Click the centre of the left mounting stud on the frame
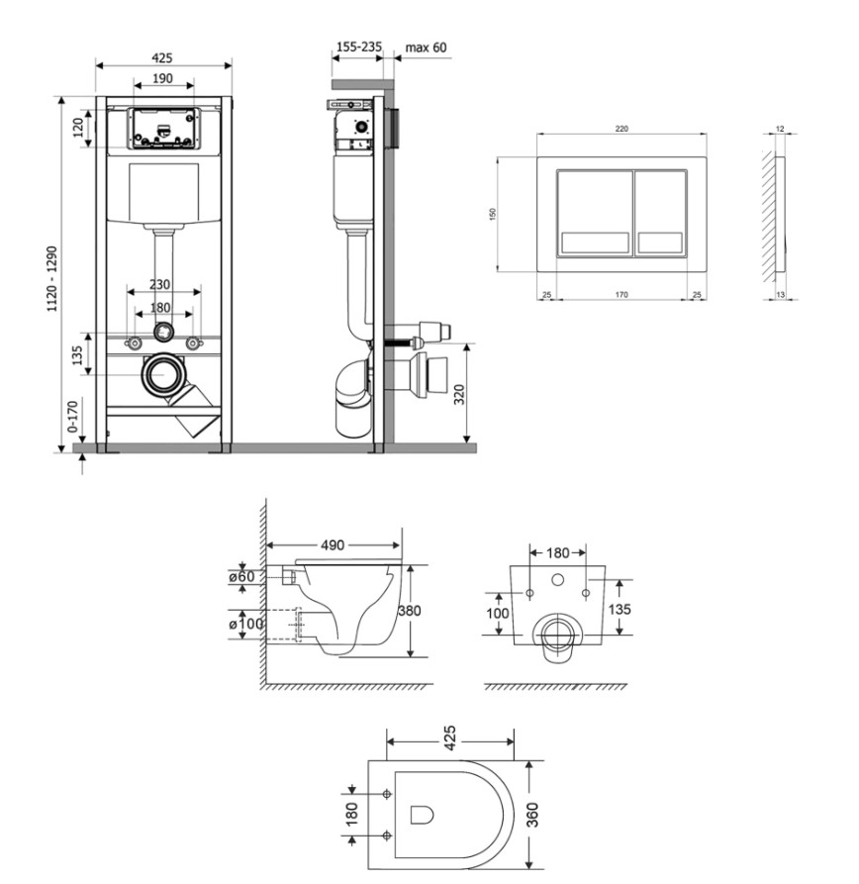pos(135,343)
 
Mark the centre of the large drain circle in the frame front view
pos(165,374)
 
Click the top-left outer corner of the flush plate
pos(537,157)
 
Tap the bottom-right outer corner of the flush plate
pos(707,271)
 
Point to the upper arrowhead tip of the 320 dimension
pos(467,344)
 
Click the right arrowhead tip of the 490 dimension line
pos(400,545)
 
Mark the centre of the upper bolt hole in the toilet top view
pos(387,794)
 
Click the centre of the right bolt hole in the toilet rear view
pos(586,593)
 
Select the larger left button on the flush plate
pos(595,213)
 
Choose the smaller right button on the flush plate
pos(661,213)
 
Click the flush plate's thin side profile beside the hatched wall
pos(781,214)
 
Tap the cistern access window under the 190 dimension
pos(164,129)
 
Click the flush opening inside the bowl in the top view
pos(422,815)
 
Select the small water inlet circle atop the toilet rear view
pos(557,579)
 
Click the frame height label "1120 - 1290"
pos(52,279)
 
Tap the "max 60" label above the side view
pos(426,48)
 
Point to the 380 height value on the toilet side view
pos(409,611)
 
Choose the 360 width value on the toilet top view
pos(532,815)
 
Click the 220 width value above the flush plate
pos(621,129)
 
